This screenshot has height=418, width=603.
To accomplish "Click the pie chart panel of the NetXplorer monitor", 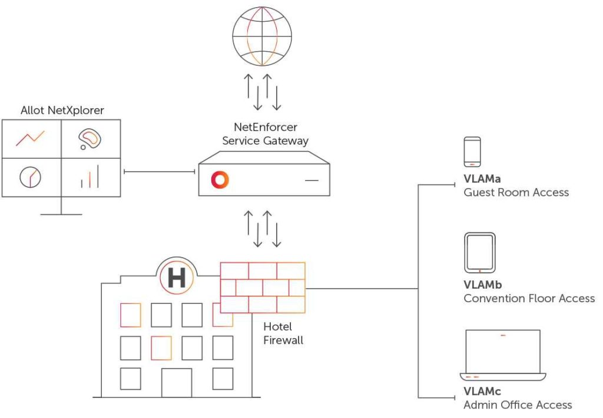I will coord(31,177).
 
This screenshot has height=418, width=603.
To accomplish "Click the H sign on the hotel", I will coord(177,277).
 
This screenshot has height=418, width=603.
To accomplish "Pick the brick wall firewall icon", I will coord(263,287).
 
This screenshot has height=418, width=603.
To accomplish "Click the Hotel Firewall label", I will coord(283,333).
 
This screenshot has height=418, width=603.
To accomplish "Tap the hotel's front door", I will coord(177,383).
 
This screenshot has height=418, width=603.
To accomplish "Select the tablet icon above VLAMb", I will coord(480,253).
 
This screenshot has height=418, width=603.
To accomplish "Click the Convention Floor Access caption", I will coord(529,298).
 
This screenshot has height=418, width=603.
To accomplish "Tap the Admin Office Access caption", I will coord(518,404).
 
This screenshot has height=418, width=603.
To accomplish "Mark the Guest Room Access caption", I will coord(516,192).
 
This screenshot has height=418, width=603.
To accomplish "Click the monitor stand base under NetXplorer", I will coord(61,213).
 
